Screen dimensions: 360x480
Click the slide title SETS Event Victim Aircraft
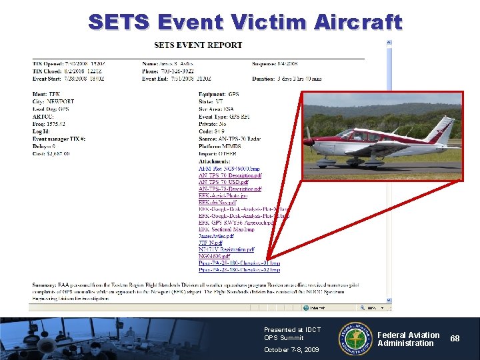[x=245, y=22]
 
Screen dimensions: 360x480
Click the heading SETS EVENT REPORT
[x=198, y=45]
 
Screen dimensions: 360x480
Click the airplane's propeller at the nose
[x=307, y=141]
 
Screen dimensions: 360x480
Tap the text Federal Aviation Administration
[x=409, y=339]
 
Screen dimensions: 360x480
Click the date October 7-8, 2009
[x=291, y=349]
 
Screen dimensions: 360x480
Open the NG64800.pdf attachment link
[x=214, y=256]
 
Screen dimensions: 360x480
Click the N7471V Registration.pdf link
[x=226, y=249]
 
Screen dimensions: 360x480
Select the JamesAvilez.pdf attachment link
[x=216, y=236]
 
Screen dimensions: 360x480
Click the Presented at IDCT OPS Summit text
[x=292, y=333]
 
